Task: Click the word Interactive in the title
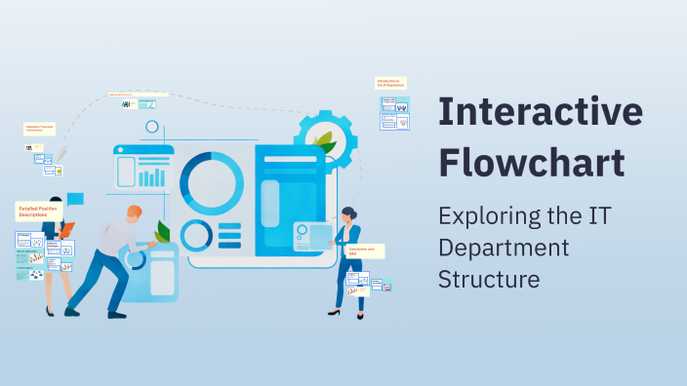[541, 113]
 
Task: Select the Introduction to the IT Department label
[390, 84]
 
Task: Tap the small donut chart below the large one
[196, 235]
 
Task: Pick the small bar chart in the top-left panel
[152, 177]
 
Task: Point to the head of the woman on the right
[348, 212]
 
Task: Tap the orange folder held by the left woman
[65, 231]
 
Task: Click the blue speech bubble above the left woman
[75, 199]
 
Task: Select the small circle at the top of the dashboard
[151, 127]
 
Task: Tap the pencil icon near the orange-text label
[61, 155]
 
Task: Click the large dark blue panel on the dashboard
[289, 200]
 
